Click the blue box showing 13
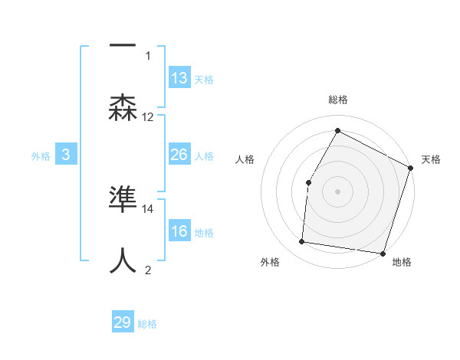coord(179,77)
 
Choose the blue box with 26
coord(179,155)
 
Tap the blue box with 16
coord(179,231)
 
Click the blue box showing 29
coord(123,322)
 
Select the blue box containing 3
coord(66,155)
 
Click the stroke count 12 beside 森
coord(148,117)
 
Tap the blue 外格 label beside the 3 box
coord(41,155)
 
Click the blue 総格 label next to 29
coord(147,324)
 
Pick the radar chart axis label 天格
coord(431,159)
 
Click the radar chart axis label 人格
coord(245,159)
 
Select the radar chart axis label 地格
coord(402,263)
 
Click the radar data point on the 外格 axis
coord(303,242)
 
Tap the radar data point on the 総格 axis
coord(337,130)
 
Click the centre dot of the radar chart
coord(337,191)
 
